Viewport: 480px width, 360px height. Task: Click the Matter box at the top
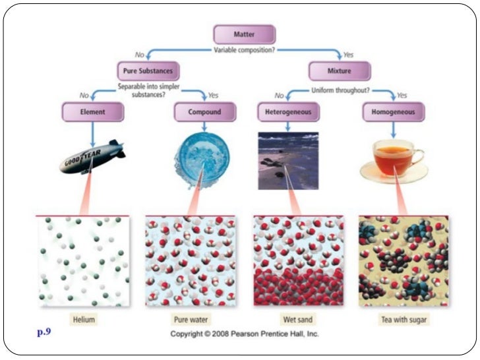244,34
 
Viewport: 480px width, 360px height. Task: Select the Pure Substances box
148,71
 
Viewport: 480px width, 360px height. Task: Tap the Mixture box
340,71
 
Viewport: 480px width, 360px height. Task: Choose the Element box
93,112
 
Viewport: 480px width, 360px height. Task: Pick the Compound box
204,112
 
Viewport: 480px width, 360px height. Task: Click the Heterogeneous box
288,112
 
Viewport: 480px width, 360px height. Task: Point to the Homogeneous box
394,112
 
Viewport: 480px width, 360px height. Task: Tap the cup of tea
394,160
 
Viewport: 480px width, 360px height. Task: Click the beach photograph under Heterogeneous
288,160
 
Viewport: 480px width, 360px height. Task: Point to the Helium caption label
84,320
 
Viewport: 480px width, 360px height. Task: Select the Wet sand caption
299,320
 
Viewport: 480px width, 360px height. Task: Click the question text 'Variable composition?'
244,50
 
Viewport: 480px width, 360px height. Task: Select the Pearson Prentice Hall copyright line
245,334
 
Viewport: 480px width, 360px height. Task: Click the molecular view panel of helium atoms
84,261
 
